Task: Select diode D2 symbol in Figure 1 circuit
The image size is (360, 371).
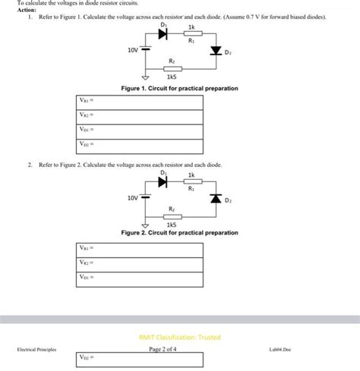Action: pos(216,52)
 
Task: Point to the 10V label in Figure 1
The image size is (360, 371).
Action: pos(133,50)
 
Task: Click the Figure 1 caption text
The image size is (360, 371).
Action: pos(179,89)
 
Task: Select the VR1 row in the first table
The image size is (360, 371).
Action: pos(140,102)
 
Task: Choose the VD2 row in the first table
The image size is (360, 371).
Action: pos(140,143)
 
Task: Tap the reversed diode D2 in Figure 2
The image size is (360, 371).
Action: pos(216,199)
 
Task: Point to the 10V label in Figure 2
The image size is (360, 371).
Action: pos(133,197)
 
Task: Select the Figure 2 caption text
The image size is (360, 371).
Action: pos(179,232)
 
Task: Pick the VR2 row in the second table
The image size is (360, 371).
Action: pos(140,263)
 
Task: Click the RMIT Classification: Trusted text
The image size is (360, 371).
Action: pos(179,337)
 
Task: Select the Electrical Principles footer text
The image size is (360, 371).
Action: pos(36,349)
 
